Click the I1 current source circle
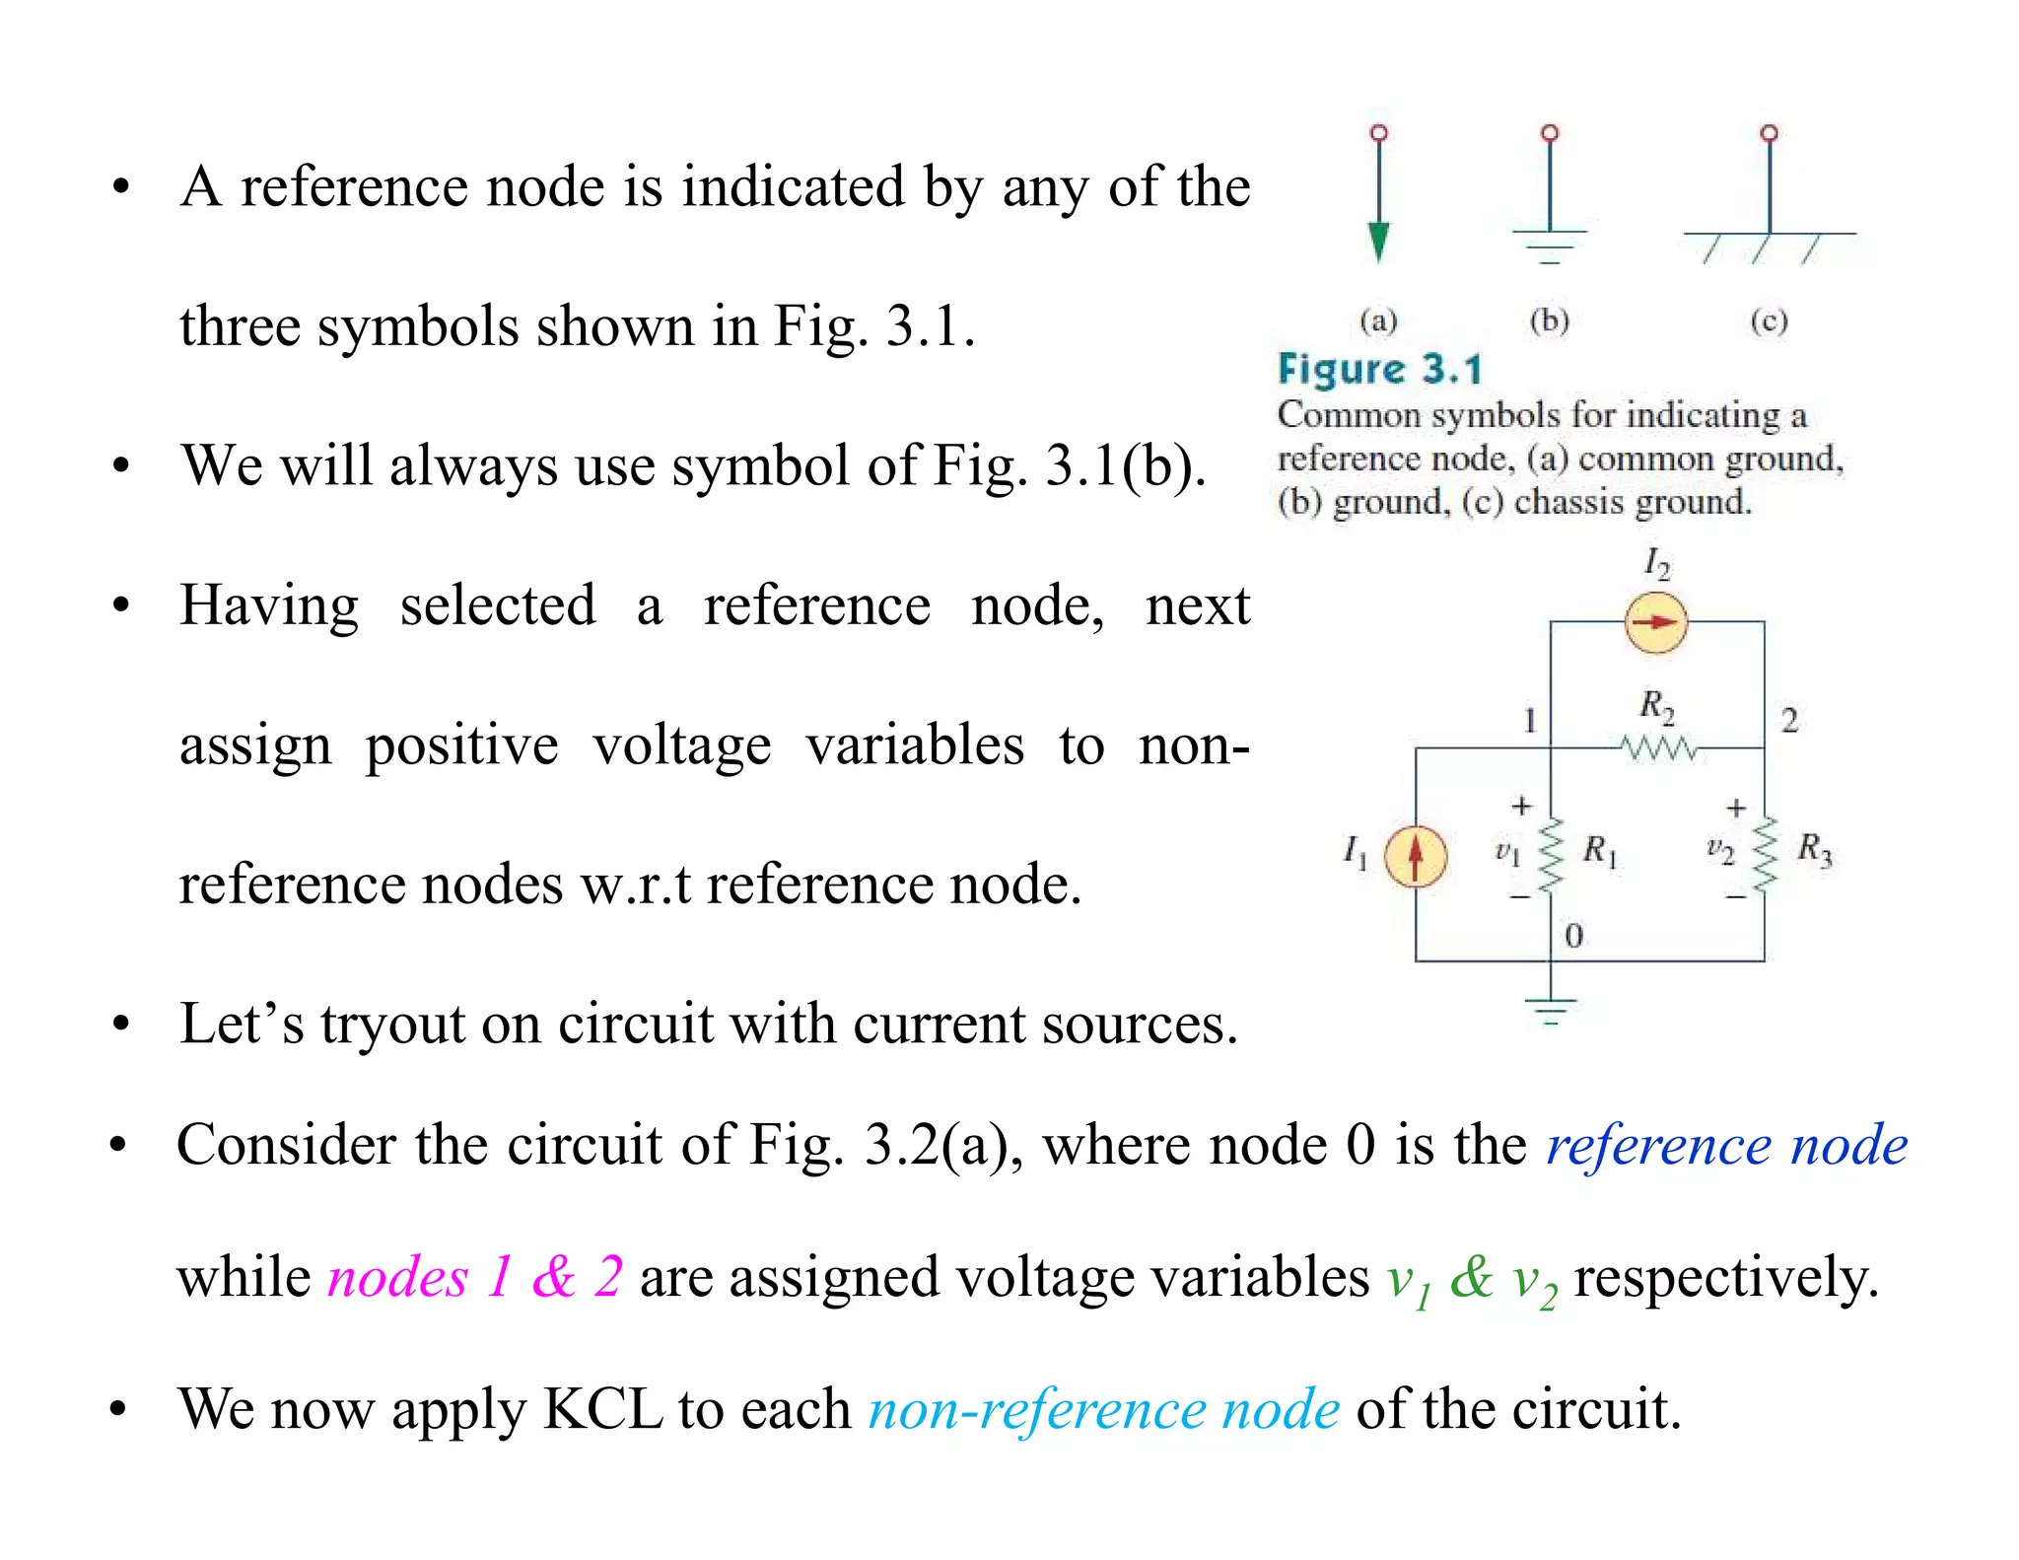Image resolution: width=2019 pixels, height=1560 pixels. pos(1416,856)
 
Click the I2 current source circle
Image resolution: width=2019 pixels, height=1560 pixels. pos(1656,622)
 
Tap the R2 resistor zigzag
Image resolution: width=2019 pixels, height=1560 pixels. pos(1660,749)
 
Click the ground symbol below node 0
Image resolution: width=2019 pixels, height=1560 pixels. pos(1551,1010)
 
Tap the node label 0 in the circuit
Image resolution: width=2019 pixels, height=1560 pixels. pos(1573,936)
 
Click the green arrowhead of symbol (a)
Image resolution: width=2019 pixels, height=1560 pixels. pos(1379,243)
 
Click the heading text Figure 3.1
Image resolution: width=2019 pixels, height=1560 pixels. pos(1380,370)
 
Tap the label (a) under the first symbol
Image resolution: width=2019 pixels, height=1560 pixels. pos(1378,320)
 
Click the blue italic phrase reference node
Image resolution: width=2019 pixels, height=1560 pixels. pos(1726,1146)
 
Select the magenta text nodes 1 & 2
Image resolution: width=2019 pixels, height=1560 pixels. pos(475,1277)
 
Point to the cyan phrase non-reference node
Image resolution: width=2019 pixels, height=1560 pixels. pos(1103,1409)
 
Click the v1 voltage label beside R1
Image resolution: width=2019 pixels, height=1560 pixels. pos(1506,852)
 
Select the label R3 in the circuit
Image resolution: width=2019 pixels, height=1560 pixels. pos(1814,849)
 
